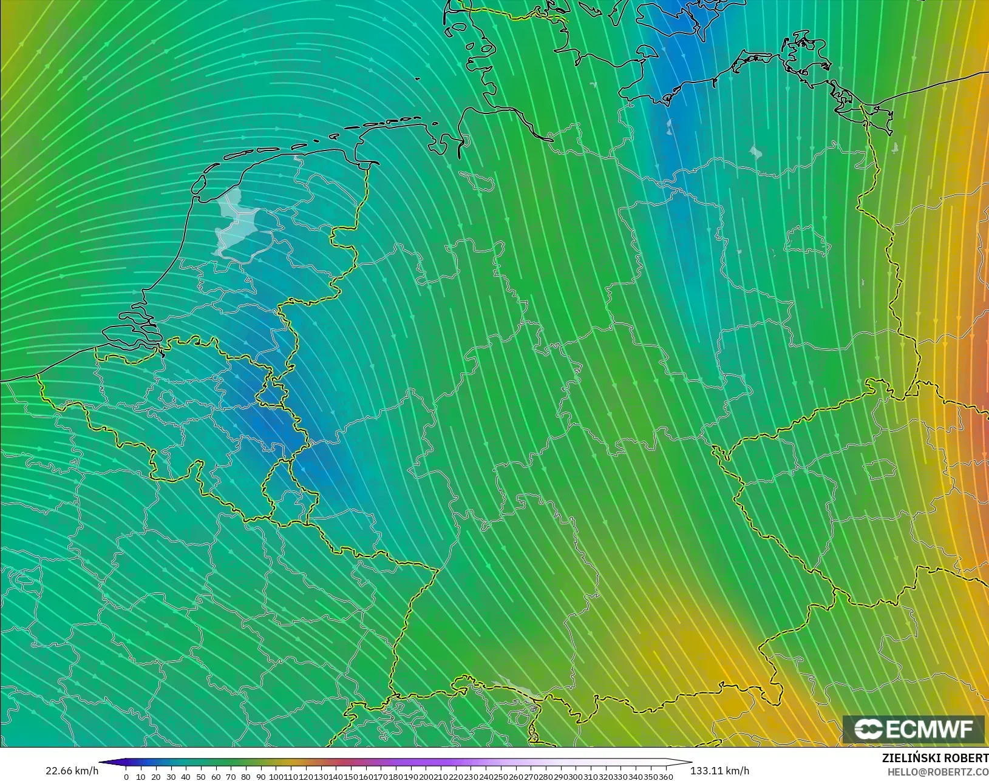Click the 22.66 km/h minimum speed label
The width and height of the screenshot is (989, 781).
point(72,771)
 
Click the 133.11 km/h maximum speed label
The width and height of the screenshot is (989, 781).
point(719,771)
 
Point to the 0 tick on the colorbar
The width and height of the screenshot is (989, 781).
point(126,777)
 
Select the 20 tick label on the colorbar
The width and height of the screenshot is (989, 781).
point(155,777)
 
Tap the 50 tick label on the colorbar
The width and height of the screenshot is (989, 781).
point(200,777)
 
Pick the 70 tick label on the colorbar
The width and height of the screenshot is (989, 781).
point(230,777)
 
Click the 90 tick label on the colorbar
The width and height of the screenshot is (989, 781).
point(260,777)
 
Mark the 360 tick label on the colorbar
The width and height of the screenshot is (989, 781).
point(666,777)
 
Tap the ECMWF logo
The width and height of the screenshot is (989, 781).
point(913,729)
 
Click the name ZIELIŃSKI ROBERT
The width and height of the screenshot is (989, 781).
point(935,759)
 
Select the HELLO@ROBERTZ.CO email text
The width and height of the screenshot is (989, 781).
point(938,772)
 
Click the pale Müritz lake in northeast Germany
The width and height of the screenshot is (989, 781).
point(755,152)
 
